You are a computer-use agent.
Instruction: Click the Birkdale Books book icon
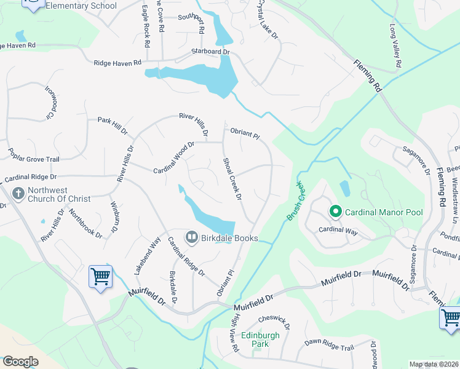click(x=191, y=237)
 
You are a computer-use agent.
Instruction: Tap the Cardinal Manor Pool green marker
click(x=335, y=212)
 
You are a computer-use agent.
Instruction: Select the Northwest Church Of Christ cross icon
click(x=18, y=194)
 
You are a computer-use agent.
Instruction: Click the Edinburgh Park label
click(x=260, y=339)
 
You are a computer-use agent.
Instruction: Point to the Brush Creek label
click(x=296, y=201)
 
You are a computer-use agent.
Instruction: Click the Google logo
click(x=20, y=362)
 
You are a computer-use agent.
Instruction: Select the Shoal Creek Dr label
click(x=232, y=178)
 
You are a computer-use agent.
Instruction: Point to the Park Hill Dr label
click(x=112, y=126)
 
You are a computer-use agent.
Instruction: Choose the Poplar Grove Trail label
click(x=33, y=159)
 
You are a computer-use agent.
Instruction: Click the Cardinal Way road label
click(x=338, y=230)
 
